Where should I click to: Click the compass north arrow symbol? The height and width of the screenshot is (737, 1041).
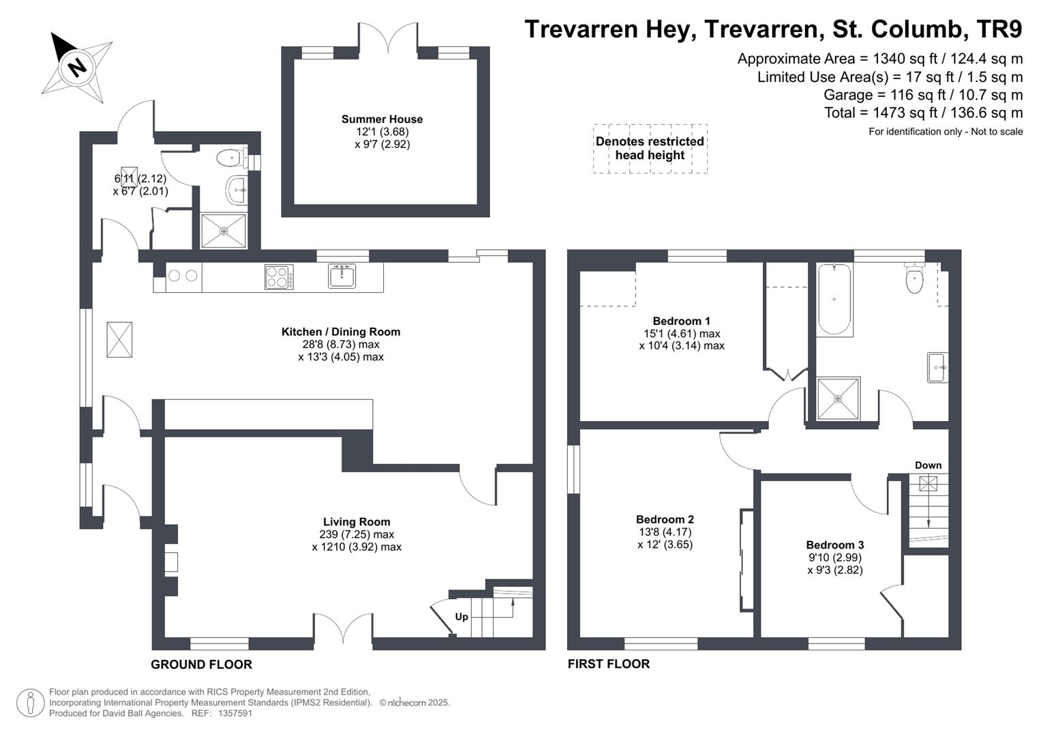tap(76, 66)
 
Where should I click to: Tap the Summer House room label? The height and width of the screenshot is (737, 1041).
tap(382, 119)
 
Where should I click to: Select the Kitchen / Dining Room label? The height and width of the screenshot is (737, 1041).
tap(341, 332)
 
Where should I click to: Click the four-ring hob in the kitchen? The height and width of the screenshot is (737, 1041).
tap(279, 277)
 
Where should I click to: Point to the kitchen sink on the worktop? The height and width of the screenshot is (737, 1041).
tap(342, 276)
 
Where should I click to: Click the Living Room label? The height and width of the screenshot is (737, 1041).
tap(357, 522)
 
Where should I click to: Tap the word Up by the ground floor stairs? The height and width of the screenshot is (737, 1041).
tap(462, 617)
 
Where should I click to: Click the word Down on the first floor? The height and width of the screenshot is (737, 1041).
tap(928, 465)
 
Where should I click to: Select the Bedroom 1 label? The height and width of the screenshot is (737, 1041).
tap(681, 321)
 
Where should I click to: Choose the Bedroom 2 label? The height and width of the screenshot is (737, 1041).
tap(665, 519)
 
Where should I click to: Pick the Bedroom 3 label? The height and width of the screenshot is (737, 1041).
tap(834, 545)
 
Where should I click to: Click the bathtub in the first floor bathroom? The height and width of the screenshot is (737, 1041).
tap(834, 299)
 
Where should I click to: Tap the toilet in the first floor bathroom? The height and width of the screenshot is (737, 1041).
tap(914, 278)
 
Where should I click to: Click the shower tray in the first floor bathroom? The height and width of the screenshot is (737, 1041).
tap(839, 399)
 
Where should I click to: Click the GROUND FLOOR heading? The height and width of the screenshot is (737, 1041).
tap(201, 665)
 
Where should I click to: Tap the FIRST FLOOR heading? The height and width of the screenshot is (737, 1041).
tap(609, 664)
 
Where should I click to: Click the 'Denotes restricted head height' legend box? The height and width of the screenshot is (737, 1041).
tap(650, 149)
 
